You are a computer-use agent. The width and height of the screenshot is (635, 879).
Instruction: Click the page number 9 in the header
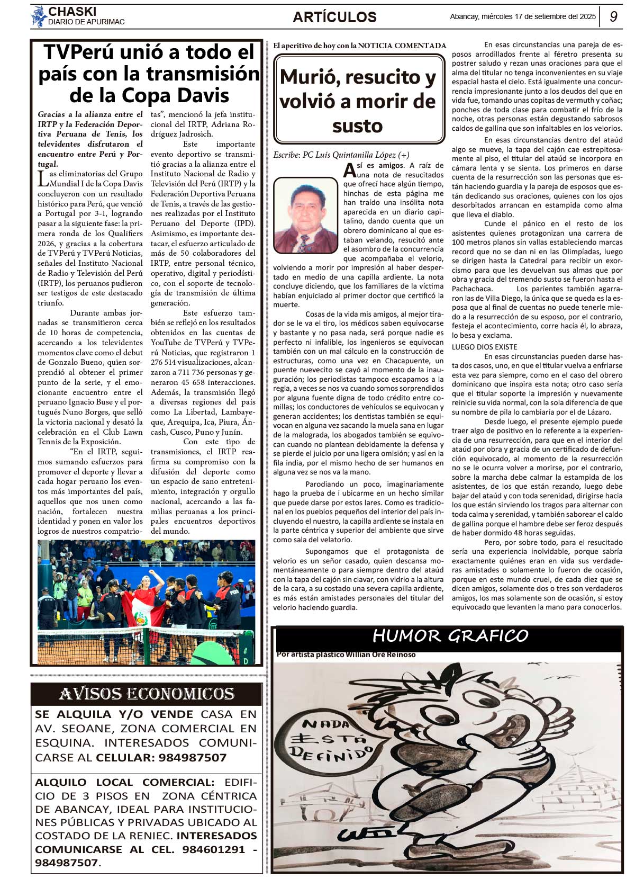click(x=613, y=16)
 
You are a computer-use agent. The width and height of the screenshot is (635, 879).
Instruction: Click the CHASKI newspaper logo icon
click(x=39, y=16)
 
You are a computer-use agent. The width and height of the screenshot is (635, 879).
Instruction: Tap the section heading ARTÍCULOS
click(x=334, y=17)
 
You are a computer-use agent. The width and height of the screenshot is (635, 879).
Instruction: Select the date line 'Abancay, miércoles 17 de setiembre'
click(x=522, y=16)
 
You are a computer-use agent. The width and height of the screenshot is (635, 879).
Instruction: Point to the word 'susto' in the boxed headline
click(x=357, y=126)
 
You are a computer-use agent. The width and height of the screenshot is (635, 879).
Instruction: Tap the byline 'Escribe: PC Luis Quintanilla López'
click(x=341, y=155)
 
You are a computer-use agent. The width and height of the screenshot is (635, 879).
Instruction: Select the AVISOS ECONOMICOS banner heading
click(x=147, y=693)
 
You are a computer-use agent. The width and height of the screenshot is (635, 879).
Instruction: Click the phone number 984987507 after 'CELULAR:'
click(x=193, y=758)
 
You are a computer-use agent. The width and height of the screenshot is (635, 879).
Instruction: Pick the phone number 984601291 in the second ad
click(x=214, y=849)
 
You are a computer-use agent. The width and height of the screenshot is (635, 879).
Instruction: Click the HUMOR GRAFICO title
click(x=450, y=636)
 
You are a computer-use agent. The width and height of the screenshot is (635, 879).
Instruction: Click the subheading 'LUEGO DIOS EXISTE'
click(x=484, y=347)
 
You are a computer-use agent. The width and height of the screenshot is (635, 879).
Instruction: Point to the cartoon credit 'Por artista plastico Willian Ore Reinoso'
click(x=346, y=655)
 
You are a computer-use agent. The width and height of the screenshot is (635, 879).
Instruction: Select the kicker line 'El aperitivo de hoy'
click(x=359, y=46)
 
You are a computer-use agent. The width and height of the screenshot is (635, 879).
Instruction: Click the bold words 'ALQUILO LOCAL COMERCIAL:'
click(x=125, y=782)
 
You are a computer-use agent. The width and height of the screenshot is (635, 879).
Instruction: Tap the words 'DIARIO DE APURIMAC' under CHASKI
click(x=86, y=22)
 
